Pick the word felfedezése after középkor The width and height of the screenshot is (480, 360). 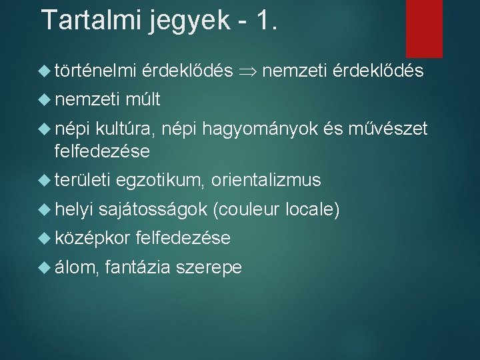182,238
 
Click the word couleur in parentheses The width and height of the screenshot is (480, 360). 246,210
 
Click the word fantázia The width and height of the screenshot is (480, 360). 137,268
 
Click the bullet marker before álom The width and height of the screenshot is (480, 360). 45,267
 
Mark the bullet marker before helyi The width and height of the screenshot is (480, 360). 45,209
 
